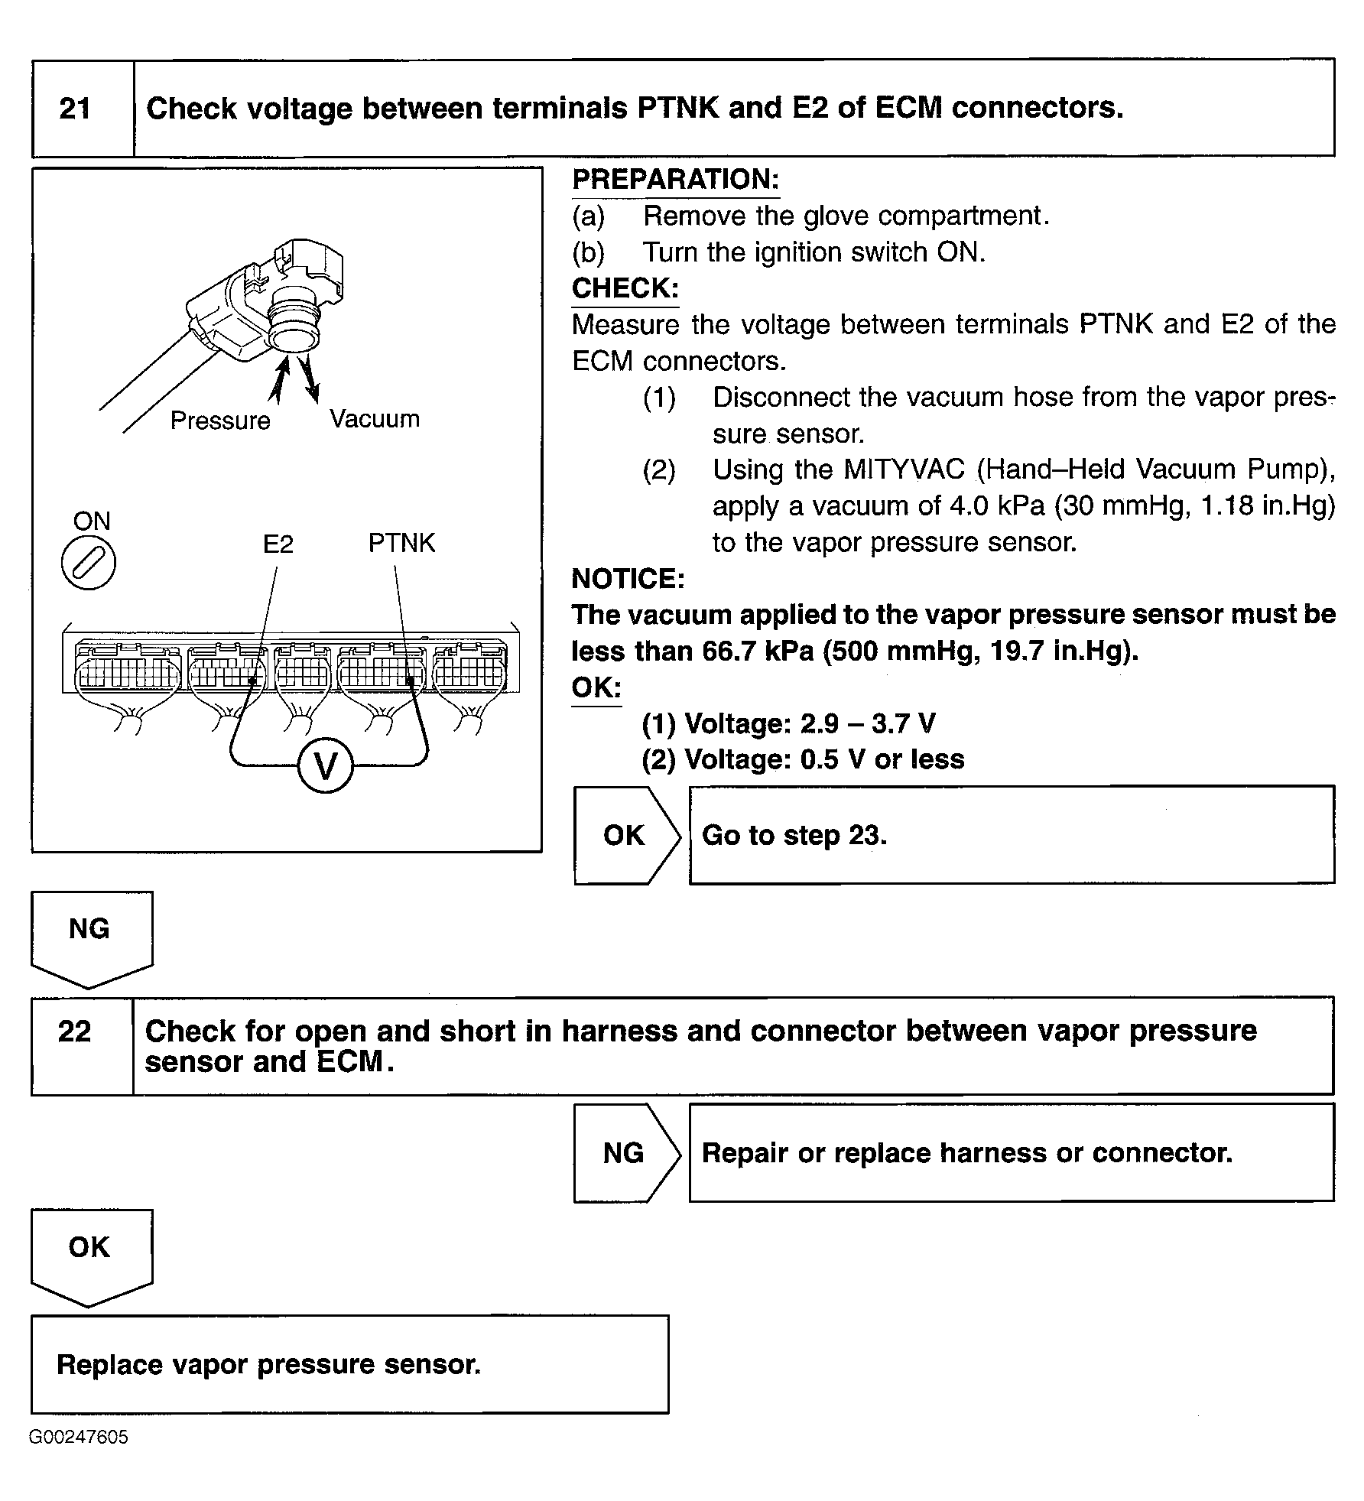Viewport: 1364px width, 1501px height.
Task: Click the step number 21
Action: (75, 109)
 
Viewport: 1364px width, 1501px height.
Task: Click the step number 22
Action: (74, 1032)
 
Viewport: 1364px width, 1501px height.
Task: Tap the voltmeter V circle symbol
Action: (326, 765)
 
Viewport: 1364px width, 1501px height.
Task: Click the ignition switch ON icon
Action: (89, 564)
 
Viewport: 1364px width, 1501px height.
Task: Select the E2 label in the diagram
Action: (278, 544)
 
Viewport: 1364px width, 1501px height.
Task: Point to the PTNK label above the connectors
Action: (401, 543)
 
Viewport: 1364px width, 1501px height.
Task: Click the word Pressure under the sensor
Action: (220, 421)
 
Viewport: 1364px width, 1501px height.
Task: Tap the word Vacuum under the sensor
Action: (375, 419)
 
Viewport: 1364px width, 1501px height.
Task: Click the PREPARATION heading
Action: (676, 180)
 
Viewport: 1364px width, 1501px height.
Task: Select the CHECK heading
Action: (625, 288)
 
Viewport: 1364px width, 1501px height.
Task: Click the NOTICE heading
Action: (628, 579)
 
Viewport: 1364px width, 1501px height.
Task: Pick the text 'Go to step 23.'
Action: (794, 835)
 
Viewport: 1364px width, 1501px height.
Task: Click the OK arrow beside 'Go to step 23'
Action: (625, 835)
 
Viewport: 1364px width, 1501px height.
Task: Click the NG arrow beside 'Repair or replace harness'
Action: (624, 1152)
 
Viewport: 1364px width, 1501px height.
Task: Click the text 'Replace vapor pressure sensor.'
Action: (269, 1365)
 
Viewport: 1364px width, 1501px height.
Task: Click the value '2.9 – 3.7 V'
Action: (867, 723)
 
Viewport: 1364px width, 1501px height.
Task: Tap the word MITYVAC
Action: (904, 469)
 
